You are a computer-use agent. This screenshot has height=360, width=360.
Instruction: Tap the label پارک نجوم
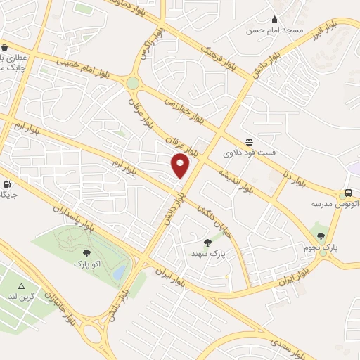pyautogui.click(x=321, y=247)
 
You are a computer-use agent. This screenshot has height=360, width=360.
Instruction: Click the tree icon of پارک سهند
pyautogui.click(x=207, y=242)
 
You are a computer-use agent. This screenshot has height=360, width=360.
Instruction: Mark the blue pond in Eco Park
pyautogui.click(x=120, y=271)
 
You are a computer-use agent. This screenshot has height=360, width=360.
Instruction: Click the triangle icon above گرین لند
pyautogui.click(x=22, y=286)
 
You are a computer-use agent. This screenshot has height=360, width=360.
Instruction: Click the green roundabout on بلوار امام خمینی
pyautogui.click(x=132, y=84)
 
